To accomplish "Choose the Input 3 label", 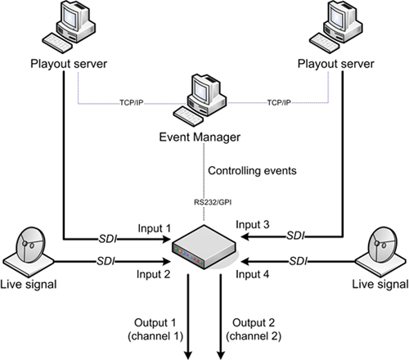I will (253, 223).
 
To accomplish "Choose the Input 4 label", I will (253, 275).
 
